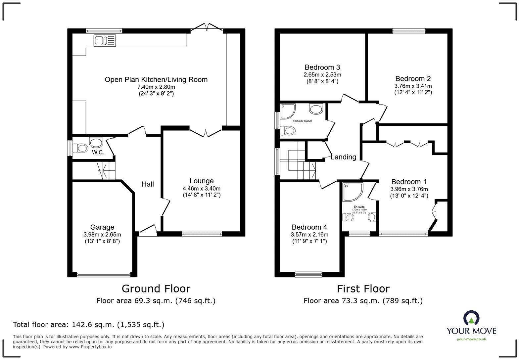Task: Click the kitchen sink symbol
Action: pos(105,41)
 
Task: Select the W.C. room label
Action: pos(98,152)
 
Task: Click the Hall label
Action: pos(148,184)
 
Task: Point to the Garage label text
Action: pos(102,227)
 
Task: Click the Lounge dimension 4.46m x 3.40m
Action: pos(202,189)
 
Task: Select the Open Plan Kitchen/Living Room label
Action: pos(156,79)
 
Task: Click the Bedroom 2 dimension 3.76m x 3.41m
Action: pos(413,86)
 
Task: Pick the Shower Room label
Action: pos(303,121)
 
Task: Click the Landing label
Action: pos(343,157)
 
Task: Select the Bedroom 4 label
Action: pos(309,227)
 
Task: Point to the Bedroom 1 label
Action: pos(409,182)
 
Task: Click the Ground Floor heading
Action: pos(156,289)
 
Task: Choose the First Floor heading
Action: pos(363,289)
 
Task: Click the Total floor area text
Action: pos(88,325)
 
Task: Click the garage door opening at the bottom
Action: pos(104,274)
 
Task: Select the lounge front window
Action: pos(202,234)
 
